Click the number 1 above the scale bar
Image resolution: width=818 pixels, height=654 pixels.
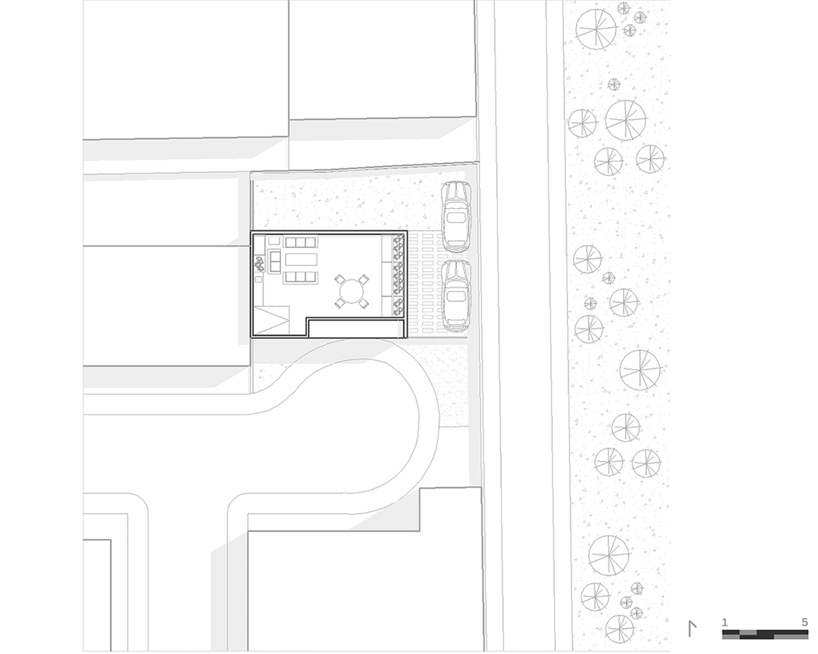[x=725, y=622]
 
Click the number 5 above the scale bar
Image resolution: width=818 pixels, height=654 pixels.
[x=805, y=622]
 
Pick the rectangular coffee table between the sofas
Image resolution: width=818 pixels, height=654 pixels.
[x=301, y=260]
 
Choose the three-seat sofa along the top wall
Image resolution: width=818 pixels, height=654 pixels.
[x=301, y=242]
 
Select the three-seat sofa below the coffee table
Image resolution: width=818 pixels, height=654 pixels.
[x=301, y=278]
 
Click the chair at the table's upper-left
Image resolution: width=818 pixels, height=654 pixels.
[x=340, y=280]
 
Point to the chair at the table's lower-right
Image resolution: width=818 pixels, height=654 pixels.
[x=363, y=303]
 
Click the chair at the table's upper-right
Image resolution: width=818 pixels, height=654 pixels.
[x=363, y=280]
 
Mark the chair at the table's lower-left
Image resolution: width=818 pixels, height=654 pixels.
[x=340, y=303]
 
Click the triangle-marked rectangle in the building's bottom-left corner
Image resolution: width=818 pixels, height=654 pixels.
[x=272, y=320]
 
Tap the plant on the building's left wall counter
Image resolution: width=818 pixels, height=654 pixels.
[x=259, y=264]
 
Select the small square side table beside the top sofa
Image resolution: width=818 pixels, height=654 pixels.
[x=274, y=241]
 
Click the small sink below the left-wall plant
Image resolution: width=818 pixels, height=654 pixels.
[x=258, y=280]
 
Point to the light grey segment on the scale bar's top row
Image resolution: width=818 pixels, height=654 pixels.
[x=748, y=633]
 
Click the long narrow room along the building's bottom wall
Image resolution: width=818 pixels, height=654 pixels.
[x=356, y=329]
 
